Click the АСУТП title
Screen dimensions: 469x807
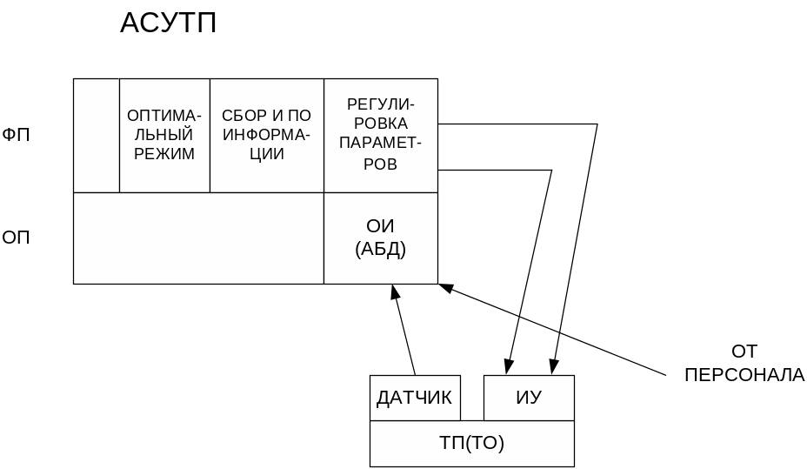point(168,23)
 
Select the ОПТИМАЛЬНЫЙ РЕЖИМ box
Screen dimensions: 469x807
point(164,135)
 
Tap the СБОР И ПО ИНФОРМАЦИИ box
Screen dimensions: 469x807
point(266,135)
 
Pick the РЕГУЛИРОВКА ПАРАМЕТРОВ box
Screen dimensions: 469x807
point(380,135)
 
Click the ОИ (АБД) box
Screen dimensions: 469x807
point(380,238)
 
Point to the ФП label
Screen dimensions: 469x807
point(17,136)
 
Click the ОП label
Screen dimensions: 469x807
point(17,237)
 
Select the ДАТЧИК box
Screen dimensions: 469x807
point(414,398)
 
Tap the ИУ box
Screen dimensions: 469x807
point(529,398)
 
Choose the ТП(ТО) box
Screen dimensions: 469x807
point(471,443)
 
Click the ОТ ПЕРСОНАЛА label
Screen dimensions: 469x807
point(744,364)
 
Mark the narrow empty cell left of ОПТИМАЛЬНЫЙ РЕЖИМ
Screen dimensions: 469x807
point(97,135)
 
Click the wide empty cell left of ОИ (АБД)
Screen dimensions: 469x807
point(198,238)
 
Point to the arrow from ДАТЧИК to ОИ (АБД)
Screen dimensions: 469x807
point(404,331)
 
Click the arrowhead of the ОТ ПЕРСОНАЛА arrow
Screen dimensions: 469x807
point(444,286)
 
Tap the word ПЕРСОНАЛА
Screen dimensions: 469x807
point(744,376)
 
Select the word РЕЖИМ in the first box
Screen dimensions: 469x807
point(164,154)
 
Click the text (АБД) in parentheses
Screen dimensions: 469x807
point(380,249)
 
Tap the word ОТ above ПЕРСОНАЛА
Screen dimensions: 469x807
point(744,352)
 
